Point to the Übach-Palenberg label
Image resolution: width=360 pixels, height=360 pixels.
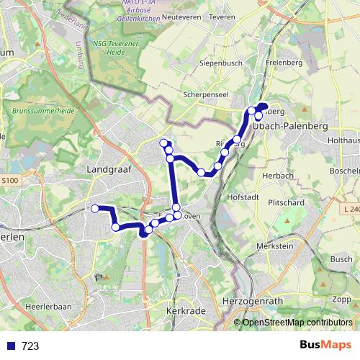point(290,125)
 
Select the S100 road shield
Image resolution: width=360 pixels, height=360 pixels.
point(9,180)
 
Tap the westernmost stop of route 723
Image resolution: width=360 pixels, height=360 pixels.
point(94,209)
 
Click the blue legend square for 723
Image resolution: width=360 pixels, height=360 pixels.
point(11,346)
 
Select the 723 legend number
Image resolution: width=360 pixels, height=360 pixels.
point(30,346)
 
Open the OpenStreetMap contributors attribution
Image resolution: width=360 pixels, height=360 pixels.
point(297,322)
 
